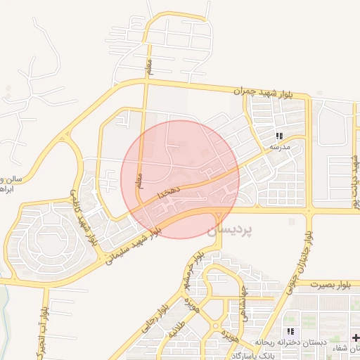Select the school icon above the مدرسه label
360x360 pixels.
coord(279,136)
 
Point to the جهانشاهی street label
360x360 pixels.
coord(244,298)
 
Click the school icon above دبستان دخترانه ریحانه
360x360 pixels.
coord(290,331)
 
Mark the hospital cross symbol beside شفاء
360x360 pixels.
coord(354,338)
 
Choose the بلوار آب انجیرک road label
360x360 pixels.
coord(44,328)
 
